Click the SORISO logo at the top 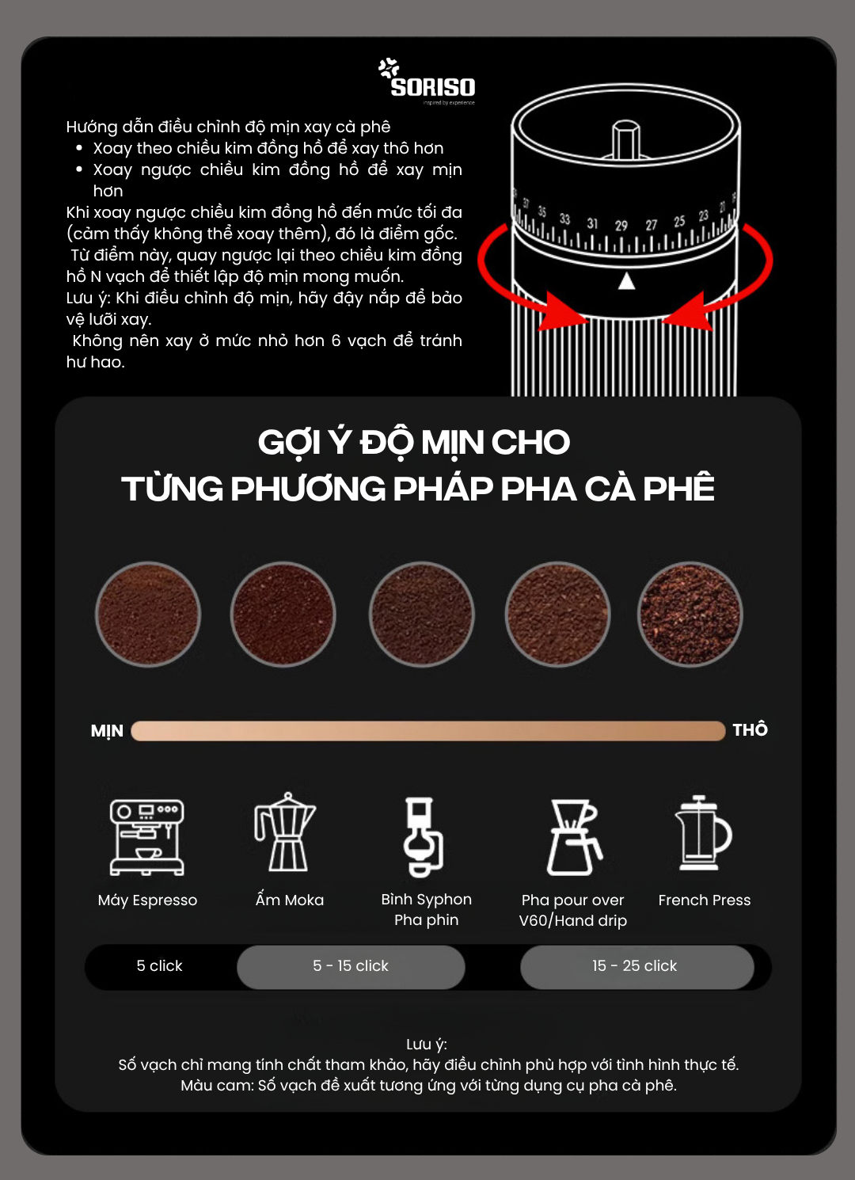tap(427, 81)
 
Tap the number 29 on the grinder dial tap(621, 226)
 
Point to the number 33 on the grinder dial tap(564, 219)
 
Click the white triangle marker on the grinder tap(626, 281)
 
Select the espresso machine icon tap(147, 837)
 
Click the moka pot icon tap(285, 832)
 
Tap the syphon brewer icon tap(424, 837)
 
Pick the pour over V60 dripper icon tap(574, 837)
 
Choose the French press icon tap(703, 833)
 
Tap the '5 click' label tap(159, 965)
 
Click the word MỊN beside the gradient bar tap(107, 731)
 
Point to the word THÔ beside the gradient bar tap(750, 729)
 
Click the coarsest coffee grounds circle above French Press tap(690, 615)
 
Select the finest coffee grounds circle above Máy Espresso tap(148, 615)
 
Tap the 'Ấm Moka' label tap(290, 899)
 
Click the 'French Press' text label tap(705, 900)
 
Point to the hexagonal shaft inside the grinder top tap(626, 139)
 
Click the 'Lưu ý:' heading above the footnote tap(427, 1045)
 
